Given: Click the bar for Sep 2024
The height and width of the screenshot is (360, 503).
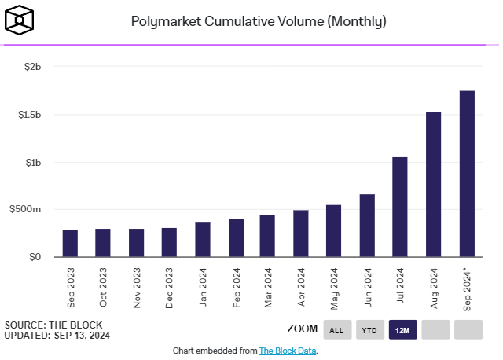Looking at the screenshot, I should [x=467, y=174].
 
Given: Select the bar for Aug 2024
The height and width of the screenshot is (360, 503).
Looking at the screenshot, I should [x=433, y=184].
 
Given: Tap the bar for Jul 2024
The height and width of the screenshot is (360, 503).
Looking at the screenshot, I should [x=400, y=207].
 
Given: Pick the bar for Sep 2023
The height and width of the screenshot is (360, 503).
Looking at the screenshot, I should [x=70, y=243].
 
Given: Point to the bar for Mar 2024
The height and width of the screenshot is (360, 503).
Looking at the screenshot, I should [x=267, y=236].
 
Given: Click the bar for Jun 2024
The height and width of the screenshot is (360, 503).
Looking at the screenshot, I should [x=367, y=226].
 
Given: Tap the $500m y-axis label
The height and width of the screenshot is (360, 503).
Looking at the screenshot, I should [x=29, y=210].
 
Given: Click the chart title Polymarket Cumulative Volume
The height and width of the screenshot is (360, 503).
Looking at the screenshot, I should [x=259, y=21].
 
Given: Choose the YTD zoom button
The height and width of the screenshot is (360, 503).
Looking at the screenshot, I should [x=369, y=329].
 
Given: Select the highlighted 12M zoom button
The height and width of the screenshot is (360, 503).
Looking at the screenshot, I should [x=402, y=329].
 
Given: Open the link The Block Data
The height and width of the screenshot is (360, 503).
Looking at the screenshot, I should [x=287, y=351].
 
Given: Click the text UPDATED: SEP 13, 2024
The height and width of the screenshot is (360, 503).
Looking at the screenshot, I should [x=57, y=336].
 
